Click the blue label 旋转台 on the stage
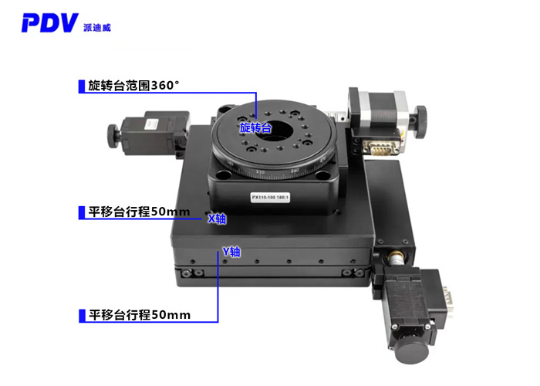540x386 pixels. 255,127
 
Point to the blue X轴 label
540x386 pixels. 218,218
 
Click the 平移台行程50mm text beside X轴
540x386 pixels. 138,212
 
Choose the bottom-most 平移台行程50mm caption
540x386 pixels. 138,314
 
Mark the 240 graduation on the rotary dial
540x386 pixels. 294,169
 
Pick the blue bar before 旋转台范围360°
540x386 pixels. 82,86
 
